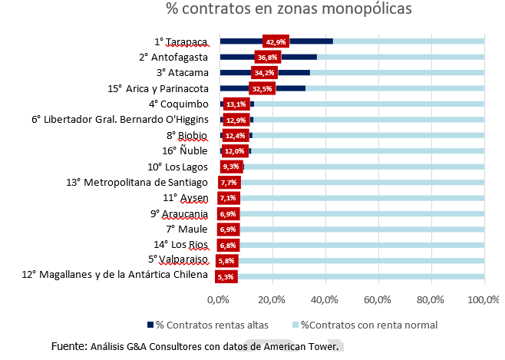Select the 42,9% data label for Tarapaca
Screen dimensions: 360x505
275,41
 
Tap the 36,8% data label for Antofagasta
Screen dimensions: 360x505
267,57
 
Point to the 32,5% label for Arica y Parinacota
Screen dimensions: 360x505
262,88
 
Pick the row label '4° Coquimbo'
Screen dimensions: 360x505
178,104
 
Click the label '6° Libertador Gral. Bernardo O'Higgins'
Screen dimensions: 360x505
120,120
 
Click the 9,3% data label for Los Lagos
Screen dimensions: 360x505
230,167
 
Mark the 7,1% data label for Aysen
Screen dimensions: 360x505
229,198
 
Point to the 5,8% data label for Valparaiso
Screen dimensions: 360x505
227,260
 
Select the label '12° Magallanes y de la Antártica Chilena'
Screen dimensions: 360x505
114,276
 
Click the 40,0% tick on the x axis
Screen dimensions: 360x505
325,298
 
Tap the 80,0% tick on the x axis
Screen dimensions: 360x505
431,298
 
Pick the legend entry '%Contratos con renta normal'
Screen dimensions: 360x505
355,325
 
